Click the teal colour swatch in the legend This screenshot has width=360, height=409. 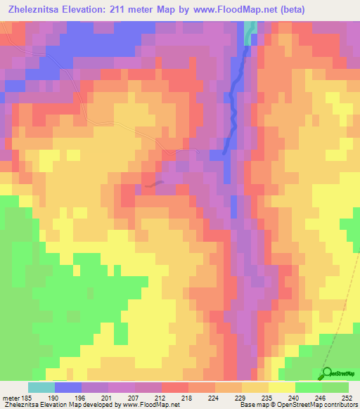[41, 387]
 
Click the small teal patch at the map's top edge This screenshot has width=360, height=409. [250, 30]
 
